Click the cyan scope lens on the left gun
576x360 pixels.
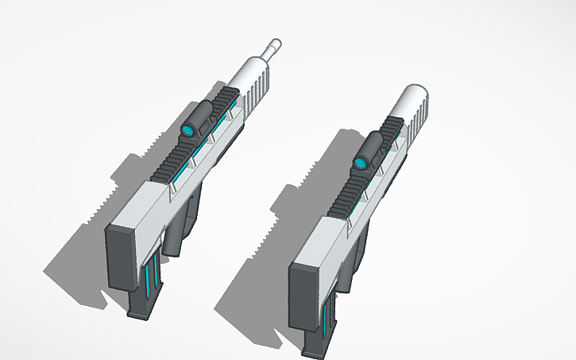(188, 130)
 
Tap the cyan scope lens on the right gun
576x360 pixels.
(361, 163)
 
